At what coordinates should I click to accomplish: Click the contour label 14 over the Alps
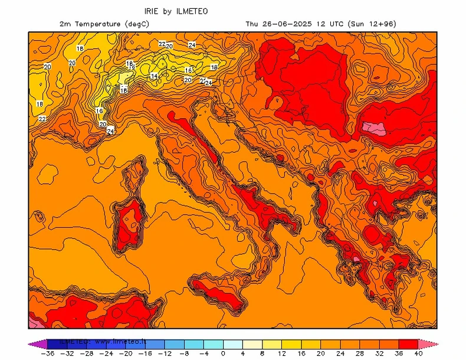click(154, 76)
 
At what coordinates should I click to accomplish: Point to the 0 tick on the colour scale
click(223, 354)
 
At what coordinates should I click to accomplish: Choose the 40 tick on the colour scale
click(418, 354)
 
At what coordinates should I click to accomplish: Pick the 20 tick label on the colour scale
click(321, 354)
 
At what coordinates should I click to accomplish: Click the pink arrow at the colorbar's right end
click(429, 343)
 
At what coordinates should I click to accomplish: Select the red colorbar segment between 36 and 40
click(408, 343)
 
